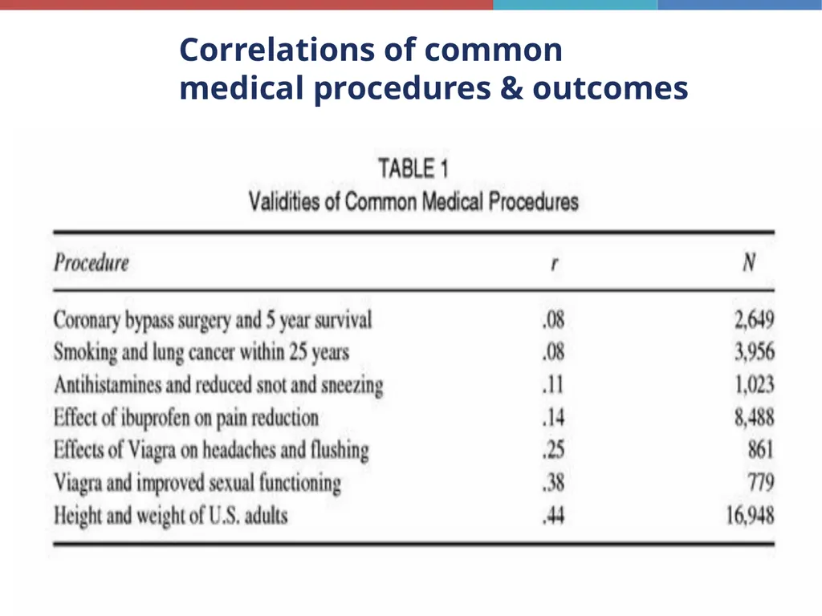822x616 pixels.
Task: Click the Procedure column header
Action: (92, 262)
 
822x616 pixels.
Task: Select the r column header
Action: (554, 263)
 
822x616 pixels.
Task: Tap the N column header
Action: (750, 262)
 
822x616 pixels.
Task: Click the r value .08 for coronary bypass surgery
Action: (554, 319)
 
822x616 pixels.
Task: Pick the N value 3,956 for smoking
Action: (755, 352)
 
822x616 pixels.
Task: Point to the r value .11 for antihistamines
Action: (553, 385)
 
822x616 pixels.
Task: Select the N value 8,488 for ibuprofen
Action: (755, 417)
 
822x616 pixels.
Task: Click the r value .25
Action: (554, 450)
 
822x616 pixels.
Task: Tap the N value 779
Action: (761, 482)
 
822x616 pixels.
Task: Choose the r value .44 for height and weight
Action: (554, 516)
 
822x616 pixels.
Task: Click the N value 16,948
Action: (751, 516)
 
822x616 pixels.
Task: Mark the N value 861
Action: (761, 450)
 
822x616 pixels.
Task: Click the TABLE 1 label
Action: (413, 168)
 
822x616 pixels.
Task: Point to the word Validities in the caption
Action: (285, 201)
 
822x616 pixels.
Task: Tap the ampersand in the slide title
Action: (511, 87)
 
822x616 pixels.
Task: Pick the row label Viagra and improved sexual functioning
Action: (197, 483)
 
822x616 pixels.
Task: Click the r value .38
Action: (554, 482)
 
